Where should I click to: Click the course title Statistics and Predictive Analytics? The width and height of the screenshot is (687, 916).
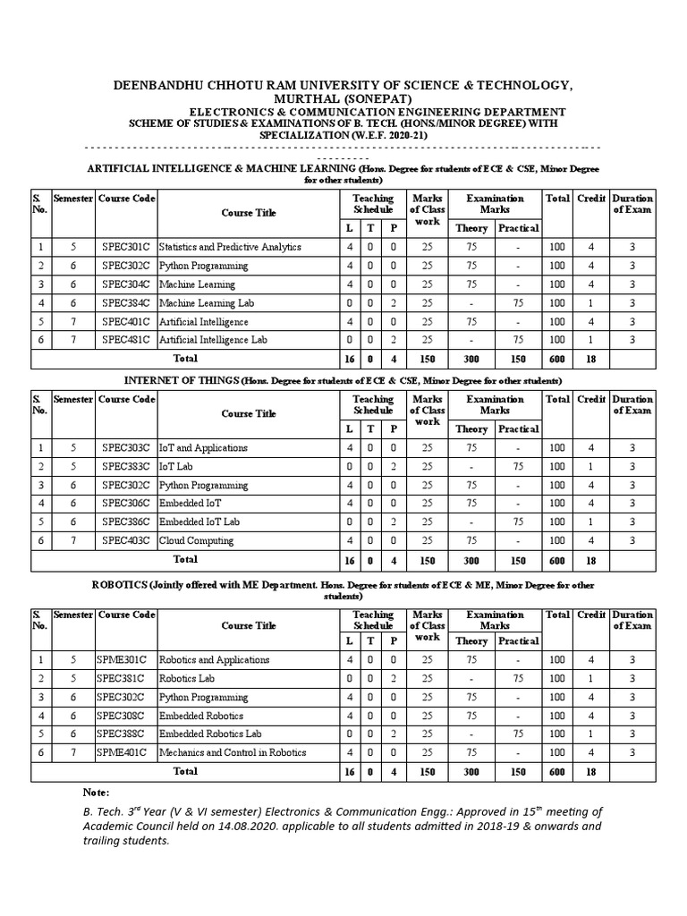[x=230, y=247]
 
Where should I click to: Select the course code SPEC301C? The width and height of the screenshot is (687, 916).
[x=126, y=247]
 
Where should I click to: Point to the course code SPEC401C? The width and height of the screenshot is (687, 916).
[x=126, y=321]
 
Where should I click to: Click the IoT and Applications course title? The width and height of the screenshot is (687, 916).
[x=203, y=447]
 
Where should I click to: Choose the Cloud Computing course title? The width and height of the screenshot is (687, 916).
[x=197, y=540]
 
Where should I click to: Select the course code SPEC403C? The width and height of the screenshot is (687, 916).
[x=126, y=540]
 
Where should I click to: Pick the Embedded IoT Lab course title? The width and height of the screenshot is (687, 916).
[x=199, y=522]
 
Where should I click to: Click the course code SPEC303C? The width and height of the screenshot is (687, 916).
[x=126, y=447]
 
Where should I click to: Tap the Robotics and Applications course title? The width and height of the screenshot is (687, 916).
[x=214, y=660]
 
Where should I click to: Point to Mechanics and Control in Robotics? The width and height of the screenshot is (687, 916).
[x=233, y=752]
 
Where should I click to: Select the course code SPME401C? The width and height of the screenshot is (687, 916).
[x=126, y=752]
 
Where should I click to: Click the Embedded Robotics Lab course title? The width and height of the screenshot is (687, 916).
[x=208, y=734]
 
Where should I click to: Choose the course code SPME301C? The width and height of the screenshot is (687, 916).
[x=126, y=660]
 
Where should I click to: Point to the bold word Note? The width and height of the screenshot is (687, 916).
[x=96, y=793]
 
